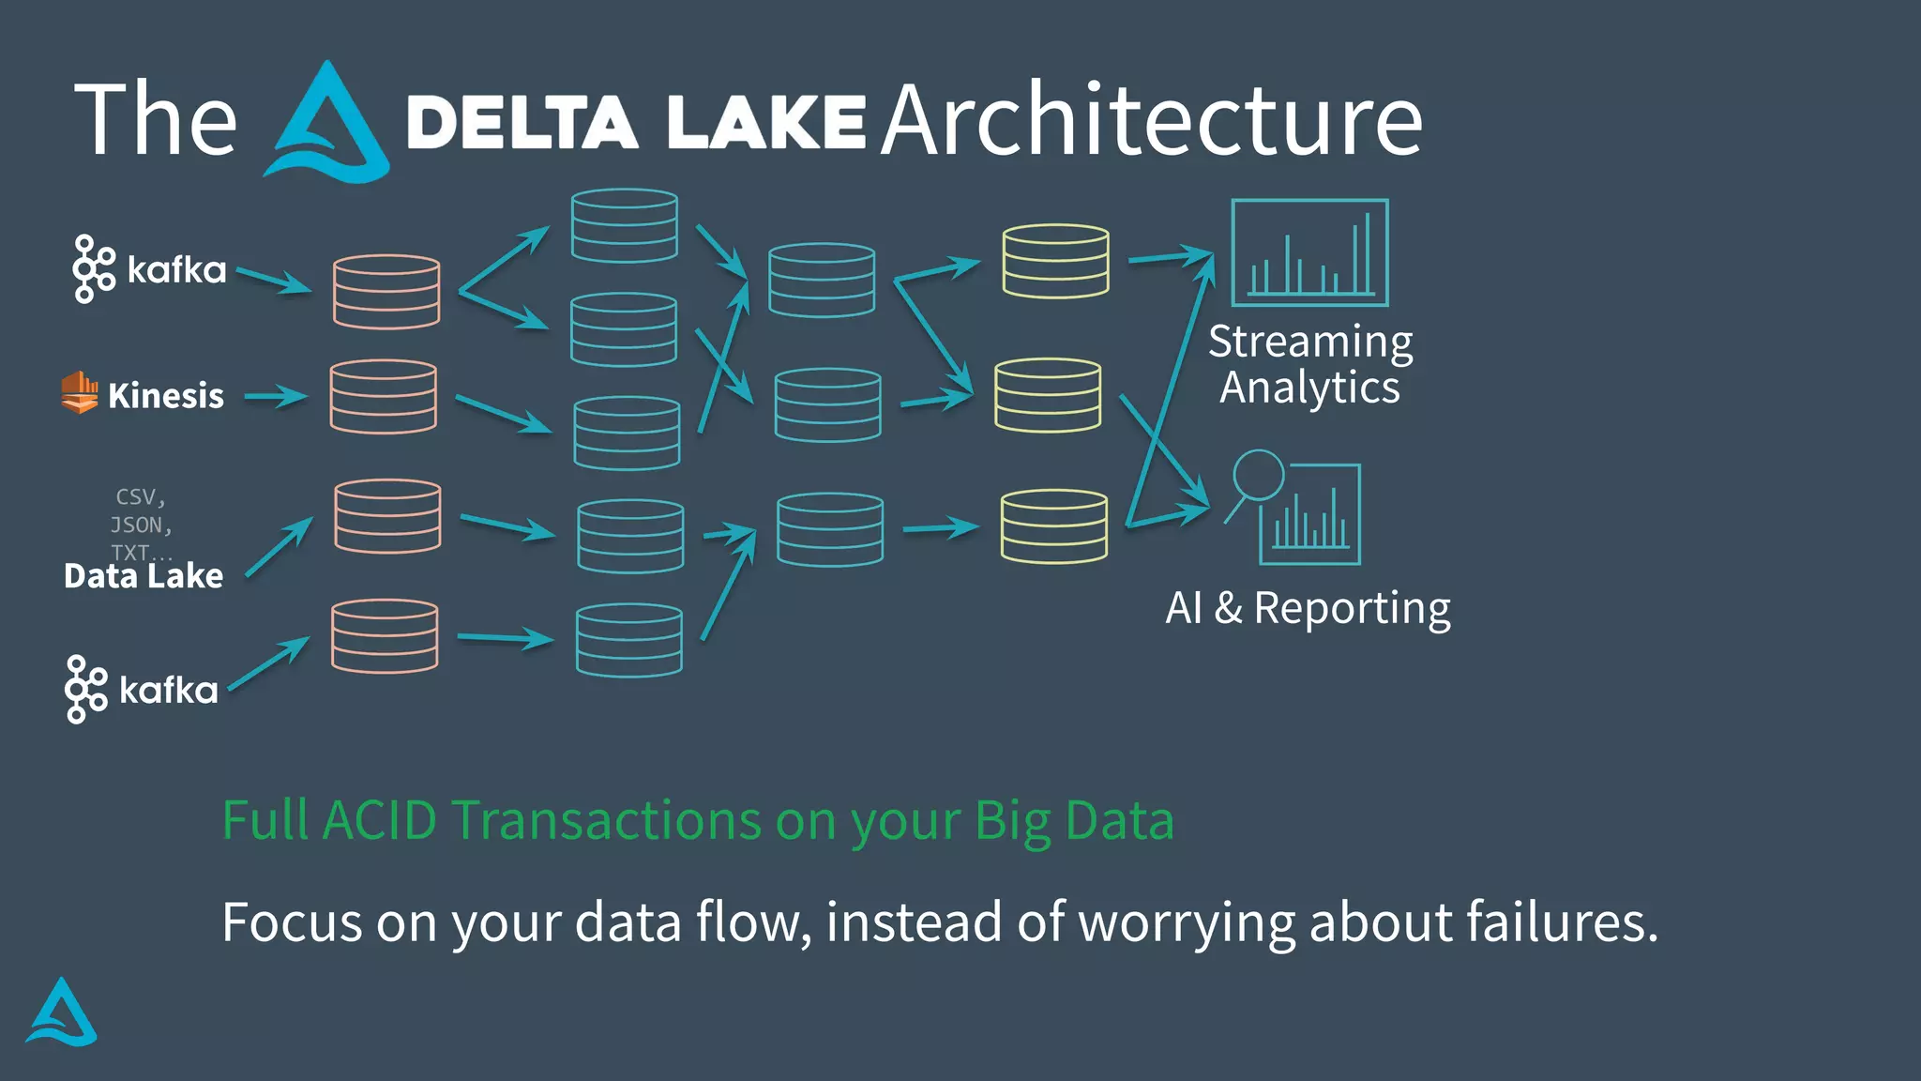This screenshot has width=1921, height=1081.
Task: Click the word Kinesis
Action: [x=166, y=396]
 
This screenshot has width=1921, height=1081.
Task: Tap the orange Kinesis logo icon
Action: [x=80, y=392]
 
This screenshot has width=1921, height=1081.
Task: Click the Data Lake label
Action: [x=144, y=576]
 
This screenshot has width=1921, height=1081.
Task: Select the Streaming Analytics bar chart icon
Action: [x=1309, y=252]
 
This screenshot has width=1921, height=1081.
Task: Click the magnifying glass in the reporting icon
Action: [x=1257, y=476]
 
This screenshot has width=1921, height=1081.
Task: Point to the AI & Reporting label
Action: [x=1308, y=608]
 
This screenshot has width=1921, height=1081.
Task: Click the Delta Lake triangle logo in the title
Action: [x=327, y=123]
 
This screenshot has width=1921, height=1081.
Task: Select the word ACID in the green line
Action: [x=380, y=820]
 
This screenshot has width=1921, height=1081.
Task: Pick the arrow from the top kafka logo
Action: [x=274, y=280]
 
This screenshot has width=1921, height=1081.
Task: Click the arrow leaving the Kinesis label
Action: [x=276, y=397]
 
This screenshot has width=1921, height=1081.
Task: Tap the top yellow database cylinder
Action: [x=1055, y=261]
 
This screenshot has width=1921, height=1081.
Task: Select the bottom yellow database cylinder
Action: [x=1054, y=526]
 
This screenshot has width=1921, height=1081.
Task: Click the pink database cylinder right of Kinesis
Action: [x=383, y=397]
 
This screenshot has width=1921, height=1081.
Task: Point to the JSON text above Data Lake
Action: [x=141, y=525]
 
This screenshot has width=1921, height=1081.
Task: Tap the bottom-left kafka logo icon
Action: [x=85, y=690]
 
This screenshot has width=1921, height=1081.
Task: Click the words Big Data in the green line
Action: [x=1074, y=820]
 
